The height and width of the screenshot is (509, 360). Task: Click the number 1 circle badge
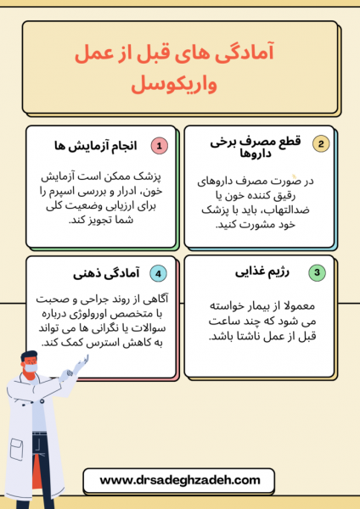160,145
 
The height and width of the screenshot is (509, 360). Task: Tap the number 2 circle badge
321,143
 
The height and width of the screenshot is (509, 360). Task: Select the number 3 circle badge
317,272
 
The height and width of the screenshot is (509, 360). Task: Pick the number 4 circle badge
158,273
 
